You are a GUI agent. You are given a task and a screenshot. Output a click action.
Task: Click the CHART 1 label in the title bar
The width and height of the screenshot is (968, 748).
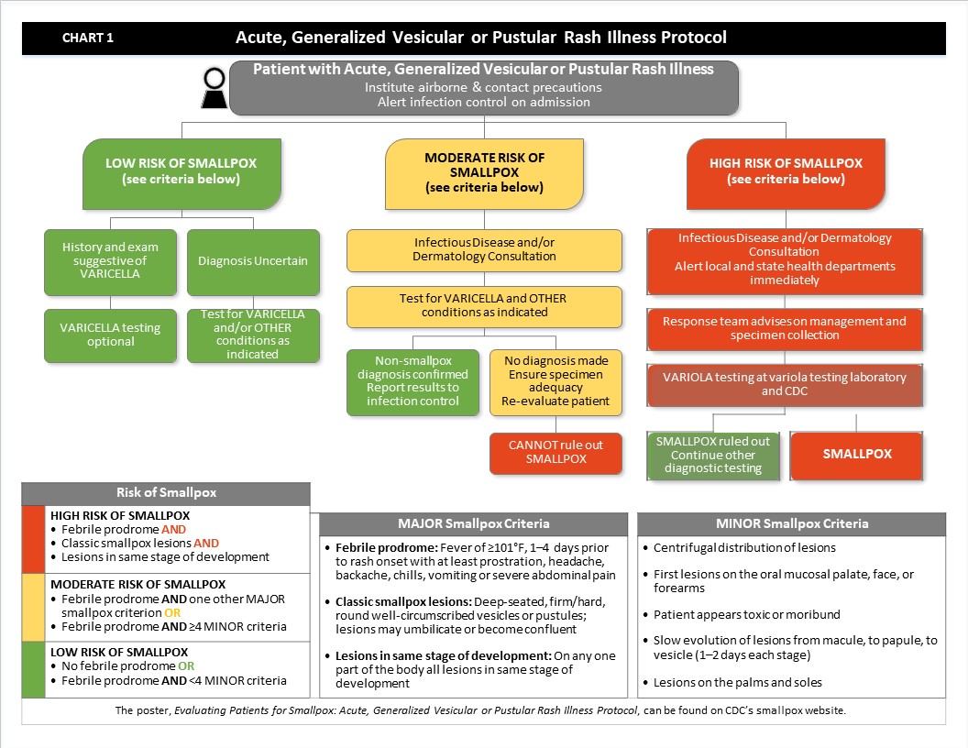point(88,38)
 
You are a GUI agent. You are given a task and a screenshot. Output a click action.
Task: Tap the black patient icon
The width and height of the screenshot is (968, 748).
point(214,88)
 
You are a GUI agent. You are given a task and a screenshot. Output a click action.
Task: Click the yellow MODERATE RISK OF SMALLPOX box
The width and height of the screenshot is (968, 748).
point(484,171)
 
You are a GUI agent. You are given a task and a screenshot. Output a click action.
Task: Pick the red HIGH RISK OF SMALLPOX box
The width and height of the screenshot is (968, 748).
point(786,171)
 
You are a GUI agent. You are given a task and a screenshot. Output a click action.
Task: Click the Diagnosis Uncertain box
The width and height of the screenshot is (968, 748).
point(253,261)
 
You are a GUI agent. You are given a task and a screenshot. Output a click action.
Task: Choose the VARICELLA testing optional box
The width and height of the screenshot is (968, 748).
point(110,335)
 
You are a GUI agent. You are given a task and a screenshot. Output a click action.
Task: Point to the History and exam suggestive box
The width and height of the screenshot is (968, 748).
point(110,261)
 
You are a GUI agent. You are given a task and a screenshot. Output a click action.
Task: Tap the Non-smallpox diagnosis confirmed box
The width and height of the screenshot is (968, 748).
point(412,380)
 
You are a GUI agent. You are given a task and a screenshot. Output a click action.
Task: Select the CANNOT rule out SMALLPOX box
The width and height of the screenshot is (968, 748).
point(556,452)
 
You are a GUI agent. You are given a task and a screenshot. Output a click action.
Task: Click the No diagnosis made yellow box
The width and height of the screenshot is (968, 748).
point(555,380)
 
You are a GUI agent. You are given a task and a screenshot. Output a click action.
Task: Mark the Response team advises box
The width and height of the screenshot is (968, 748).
point(784,328)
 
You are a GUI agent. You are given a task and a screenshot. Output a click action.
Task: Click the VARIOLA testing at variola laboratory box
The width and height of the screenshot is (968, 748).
point(784,384)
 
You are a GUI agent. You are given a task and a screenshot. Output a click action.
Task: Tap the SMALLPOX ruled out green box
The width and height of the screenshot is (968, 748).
point(713,455)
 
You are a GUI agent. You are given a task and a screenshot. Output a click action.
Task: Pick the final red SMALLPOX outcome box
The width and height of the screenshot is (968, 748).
point(857,454)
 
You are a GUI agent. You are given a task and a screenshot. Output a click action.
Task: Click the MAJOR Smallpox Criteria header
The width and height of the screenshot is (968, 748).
point(474,524)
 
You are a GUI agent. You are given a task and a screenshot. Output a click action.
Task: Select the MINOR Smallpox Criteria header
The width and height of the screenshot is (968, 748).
point(791,524)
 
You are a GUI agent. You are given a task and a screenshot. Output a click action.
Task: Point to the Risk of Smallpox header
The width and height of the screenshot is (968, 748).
point(166,493)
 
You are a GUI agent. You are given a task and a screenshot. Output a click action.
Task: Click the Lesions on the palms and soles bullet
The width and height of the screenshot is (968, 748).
point(738,682)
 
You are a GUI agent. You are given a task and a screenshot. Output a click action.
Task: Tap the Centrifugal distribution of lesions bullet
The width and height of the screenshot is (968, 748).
point(744,548)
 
